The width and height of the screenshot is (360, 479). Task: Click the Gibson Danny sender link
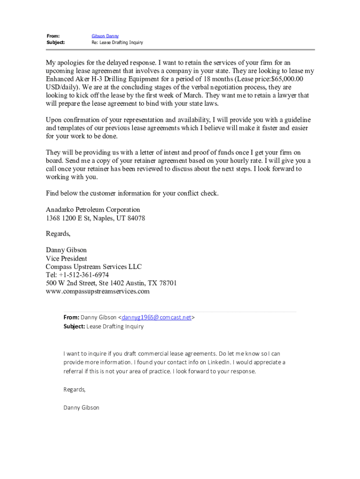point(105,36)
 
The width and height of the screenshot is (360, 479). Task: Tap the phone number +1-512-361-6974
point(84,275)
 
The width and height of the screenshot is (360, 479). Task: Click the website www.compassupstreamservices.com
point(97,291)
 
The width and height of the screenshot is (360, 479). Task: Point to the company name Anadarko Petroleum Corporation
point(93,210)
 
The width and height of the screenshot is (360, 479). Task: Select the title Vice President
point(66,259)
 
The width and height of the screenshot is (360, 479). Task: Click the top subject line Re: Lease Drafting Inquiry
point(117,43)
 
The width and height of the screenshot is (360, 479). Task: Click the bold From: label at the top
point(53,36)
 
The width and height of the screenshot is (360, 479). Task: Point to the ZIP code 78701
point(167,283)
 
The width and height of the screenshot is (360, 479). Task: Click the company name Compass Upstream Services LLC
point(94,267)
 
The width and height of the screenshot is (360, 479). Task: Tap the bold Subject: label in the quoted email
point(74,327)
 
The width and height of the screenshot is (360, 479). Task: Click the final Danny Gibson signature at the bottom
point(81,407)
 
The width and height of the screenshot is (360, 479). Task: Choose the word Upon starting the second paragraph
point(55,120)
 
